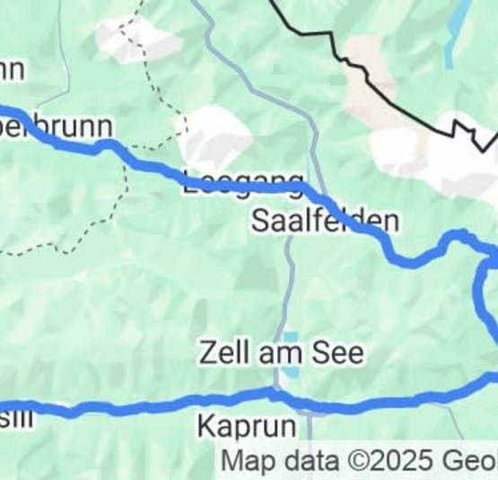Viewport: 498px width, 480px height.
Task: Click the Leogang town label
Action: (x=244, y=179)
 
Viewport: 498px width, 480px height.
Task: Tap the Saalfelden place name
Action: (x=325, y=222)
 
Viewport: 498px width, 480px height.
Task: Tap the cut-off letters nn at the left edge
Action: (x=11, y=69)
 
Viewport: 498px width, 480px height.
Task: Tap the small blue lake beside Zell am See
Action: (x=290, y=367)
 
